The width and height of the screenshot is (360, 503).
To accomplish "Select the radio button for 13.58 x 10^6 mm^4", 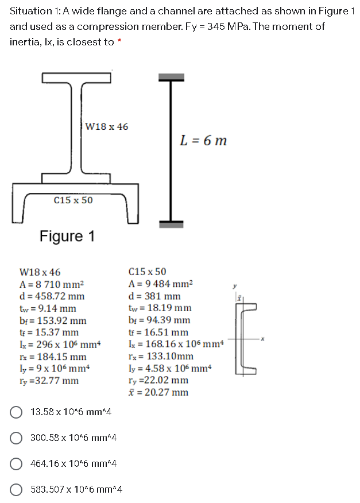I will (17, 412).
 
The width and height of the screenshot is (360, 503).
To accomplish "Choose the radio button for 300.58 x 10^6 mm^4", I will (17, 438).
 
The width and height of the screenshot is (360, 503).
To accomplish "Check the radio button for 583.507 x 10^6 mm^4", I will (17, 490).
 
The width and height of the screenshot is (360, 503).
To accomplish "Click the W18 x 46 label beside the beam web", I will (106, 126).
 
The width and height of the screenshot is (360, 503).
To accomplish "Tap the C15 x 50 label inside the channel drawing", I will (73, 200).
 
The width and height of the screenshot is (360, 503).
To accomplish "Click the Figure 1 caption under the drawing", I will (67, 236).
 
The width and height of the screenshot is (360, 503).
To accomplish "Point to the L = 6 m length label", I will (203, 140).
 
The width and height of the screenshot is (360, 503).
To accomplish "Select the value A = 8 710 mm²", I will (52, 284).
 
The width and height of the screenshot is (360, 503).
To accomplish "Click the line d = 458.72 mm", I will (52, 296).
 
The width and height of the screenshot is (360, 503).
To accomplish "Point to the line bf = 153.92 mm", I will (53, 320).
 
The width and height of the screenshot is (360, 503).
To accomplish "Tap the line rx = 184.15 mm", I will (53, 357).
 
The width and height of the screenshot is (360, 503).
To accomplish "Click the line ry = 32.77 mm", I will (49, 381).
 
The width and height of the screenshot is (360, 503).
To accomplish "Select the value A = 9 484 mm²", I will (161, 284).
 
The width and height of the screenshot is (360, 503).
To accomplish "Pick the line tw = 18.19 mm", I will (160, 308).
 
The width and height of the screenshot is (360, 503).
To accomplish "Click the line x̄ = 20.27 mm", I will (159, 393).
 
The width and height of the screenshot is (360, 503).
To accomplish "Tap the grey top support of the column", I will (169, 77).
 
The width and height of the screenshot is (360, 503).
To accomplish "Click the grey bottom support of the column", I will (169, 225).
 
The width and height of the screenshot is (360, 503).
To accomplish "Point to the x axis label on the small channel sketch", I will (262, 339).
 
